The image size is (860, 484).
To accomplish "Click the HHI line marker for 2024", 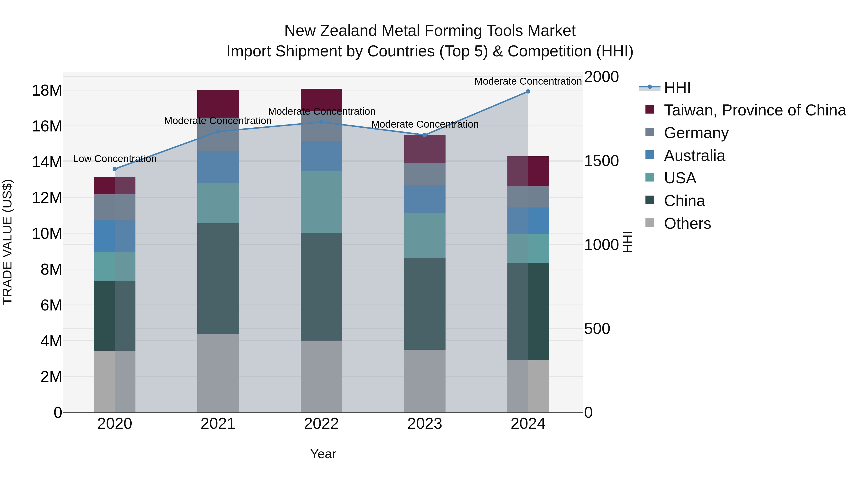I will click(x=528, y=91).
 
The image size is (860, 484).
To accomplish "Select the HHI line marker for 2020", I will click(x=115, y=169).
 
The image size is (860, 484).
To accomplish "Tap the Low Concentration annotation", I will click(x=115, y=159).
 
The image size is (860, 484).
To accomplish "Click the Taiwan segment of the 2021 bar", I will click(x=218, y=103).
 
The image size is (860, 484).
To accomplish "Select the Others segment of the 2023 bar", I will click(x=425, y=381).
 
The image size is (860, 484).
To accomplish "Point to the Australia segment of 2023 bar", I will click(x=425, y=199).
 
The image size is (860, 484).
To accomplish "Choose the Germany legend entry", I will click(x=696, y=133).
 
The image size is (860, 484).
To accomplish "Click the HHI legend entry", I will click(x=677, y=87).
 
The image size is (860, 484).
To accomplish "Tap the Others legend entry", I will click(x=687, y=223).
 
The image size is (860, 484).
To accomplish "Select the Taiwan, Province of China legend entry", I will click(x=754, y=110).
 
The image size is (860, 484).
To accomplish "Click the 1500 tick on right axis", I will click(x=601, y=161).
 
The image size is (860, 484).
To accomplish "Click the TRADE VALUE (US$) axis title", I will click(x=7, y=242).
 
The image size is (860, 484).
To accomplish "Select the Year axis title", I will click(x=323, y=454).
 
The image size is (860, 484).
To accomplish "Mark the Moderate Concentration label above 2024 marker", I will click(x=528, y=81).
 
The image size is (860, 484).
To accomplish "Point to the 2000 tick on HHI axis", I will click(x=601, y=77).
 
